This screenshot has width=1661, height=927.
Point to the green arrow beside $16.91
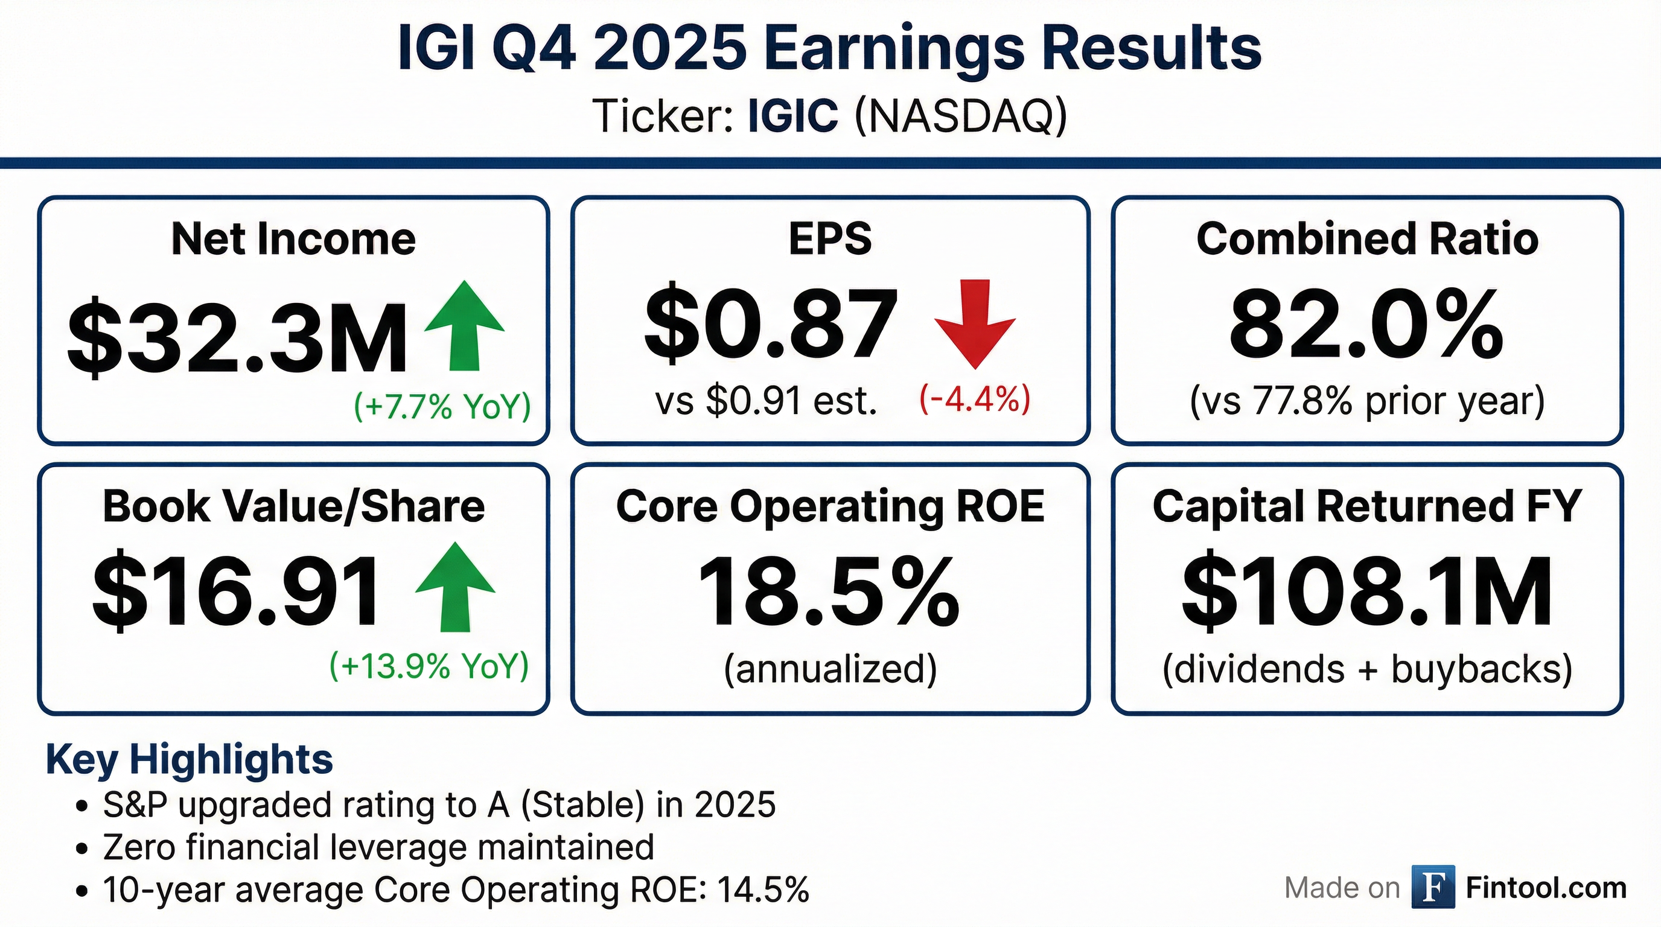pyautogui.click(x=455, y=587)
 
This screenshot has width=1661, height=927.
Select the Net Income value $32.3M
pyautogui.click(x=237, y=337)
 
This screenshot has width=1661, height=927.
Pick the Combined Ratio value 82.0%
pyautogui.click(x=1366, y=324)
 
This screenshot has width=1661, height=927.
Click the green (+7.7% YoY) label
pyautogui.click(x=442, y=406)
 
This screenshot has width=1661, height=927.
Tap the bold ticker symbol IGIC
pyautogui.click(x=793, y=116)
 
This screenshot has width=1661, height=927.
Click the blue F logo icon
pyautogui.click(x=1433, y=887)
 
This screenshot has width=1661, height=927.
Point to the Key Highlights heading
pyautogui.click(x=190, y=759)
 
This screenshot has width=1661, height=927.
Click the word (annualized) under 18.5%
pyautogui.click(x=830, y=669)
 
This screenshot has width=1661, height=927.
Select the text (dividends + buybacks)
pyautogui.click(x=1367, y=669)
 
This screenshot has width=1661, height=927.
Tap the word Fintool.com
pyautogui.click(x=1546, y=888)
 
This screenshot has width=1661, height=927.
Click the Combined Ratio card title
pyautogui.click(x=1367, y=238)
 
